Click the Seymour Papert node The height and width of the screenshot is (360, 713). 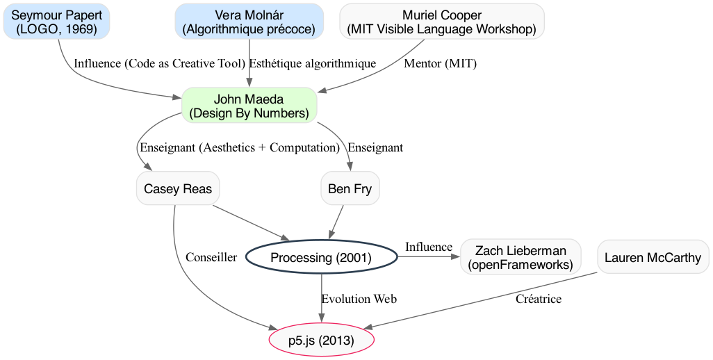[56, 21]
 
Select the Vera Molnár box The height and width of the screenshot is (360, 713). [249, 21]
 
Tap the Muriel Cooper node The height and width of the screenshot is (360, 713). [442, 21]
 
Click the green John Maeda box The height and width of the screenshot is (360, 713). [249, 106]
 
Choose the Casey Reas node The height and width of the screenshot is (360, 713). [178, 189]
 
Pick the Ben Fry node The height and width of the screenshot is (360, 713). [350, 189]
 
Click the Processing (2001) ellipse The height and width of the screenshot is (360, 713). [321, 258]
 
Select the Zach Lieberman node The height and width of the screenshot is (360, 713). [521, 258]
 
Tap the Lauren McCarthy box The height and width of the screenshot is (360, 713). [653, 258]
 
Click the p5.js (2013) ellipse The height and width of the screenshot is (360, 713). [321, 341]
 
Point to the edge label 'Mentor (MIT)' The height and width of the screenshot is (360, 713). [440, 63]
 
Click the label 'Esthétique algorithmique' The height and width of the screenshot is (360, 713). [312, 63]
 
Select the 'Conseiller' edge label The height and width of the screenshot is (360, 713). [211, 257]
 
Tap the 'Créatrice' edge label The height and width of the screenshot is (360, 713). [539, 300]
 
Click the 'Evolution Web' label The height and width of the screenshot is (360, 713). [359, 300]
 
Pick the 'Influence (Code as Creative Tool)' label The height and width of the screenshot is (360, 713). [159, 63]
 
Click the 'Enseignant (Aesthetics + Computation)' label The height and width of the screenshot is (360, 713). [239, 147]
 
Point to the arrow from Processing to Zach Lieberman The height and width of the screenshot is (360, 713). [428, 257]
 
